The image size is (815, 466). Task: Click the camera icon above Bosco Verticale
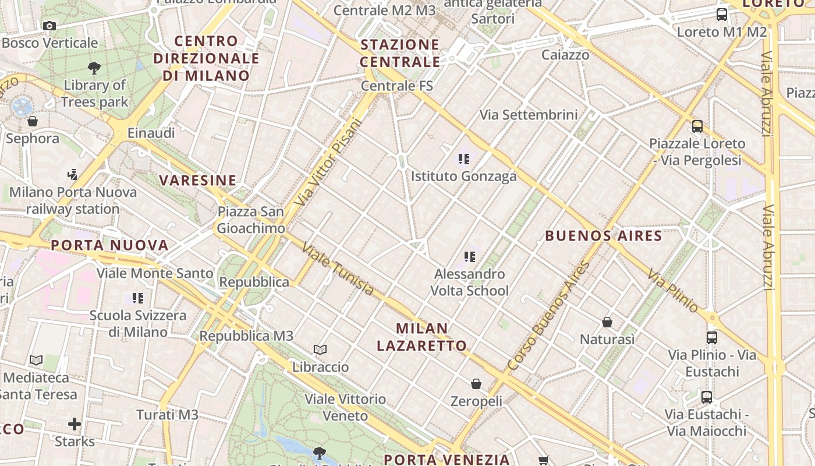click(49, 26)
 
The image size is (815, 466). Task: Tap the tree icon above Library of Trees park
click(94, 68)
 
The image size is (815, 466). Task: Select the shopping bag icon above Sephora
click(33, 121)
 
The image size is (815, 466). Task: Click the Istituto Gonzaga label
click(464, 176)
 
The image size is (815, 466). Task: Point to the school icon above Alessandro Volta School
click(470, 256)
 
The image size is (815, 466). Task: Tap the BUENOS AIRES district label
click(604, 236)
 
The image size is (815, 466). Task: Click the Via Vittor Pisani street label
click(328, 161)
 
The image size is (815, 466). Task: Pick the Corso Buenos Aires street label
click(549, 316)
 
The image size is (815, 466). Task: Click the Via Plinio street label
click(673, 290)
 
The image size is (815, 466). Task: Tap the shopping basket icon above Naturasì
click(607, 322)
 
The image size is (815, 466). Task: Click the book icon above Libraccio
click(320, 349)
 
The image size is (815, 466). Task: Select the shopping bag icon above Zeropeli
click(476, 384)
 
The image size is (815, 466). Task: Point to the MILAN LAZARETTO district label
click(421, 337)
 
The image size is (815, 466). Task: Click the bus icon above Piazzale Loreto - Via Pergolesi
click(697, 126)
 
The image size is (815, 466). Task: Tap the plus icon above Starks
click(75, 423)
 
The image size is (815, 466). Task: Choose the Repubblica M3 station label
click(246, 336)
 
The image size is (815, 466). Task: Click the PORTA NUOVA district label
click(109, 245)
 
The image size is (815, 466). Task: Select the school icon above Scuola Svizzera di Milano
click(138, 298)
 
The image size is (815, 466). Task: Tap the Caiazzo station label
click(565, 55)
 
